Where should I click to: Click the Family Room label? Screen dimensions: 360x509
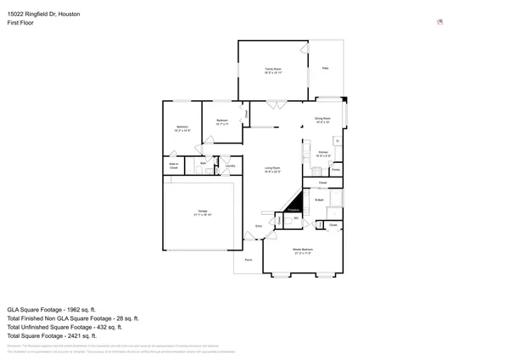(272, 70)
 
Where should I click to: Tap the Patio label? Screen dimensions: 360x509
(325, 68)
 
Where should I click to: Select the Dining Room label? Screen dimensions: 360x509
(322, 120)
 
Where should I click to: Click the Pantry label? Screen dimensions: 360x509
(336, 171)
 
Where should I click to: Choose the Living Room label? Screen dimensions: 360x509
(272, 170)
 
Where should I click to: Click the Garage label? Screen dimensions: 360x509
(203, 211)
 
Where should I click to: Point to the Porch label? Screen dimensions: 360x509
(248, 259)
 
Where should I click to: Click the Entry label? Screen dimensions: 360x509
(259, 226)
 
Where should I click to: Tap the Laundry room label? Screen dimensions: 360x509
(230, 166)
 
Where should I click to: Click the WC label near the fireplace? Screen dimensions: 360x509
(296, 219)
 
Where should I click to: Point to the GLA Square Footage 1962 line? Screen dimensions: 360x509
(51, 310)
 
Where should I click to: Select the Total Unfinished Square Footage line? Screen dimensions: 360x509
(64, 326)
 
